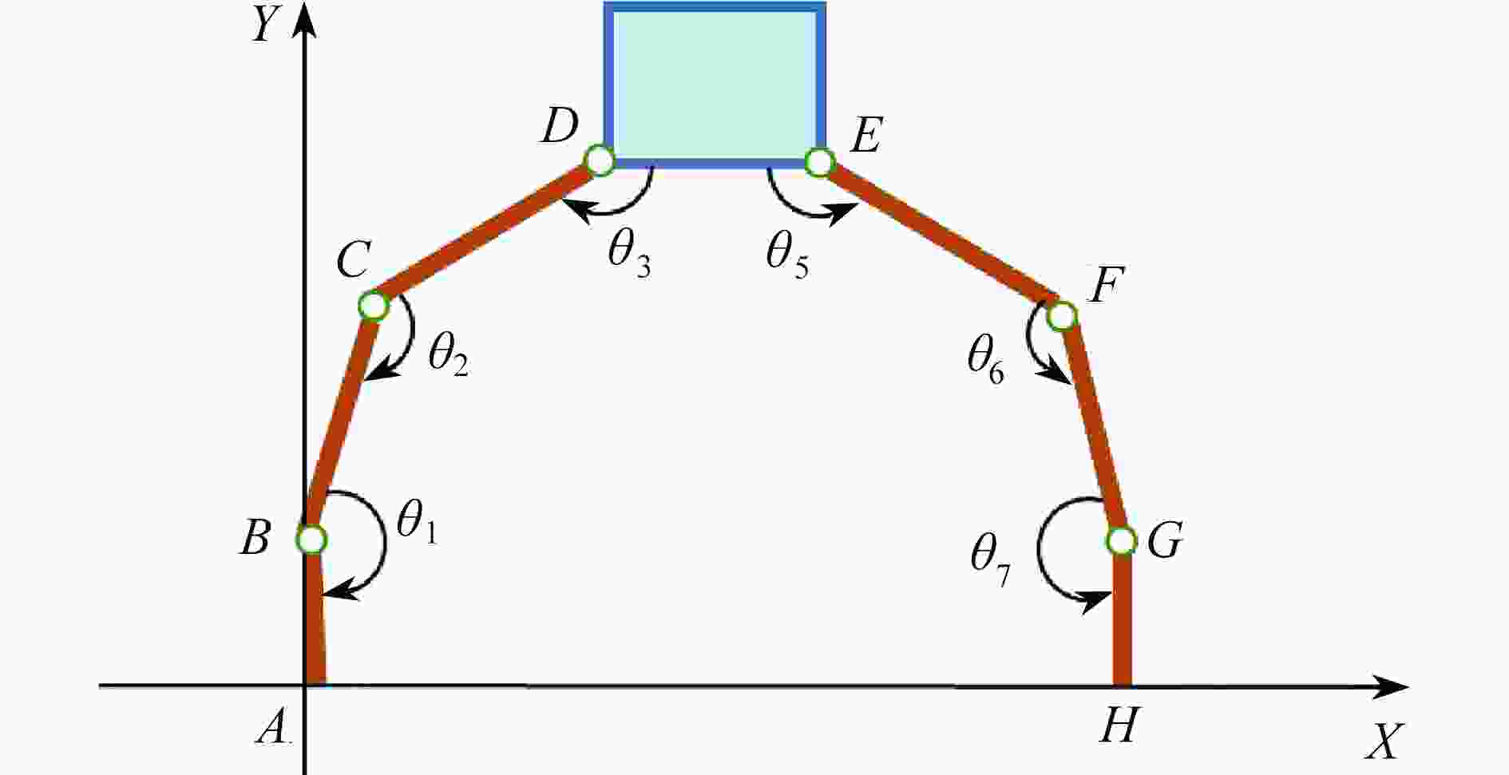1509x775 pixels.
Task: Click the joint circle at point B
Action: click(311, 540)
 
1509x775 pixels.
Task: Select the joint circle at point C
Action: click(373, 305)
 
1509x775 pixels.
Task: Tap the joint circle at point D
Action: click(600, 161)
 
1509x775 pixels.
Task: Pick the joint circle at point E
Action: click(819, 162)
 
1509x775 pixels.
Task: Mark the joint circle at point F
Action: click(1062, 316)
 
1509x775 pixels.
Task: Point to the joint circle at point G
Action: click(1121, 540)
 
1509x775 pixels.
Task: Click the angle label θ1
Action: click(416, 524)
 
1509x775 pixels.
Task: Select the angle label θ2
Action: click(447, 355)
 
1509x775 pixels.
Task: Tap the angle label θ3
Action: click(628, 255)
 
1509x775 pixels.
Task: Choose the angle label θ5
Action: click(787, 255)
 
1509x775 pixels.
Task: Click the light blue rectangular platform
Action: click(714, 84)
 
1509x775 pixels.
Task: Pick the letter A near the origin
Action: click(273, 727)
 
